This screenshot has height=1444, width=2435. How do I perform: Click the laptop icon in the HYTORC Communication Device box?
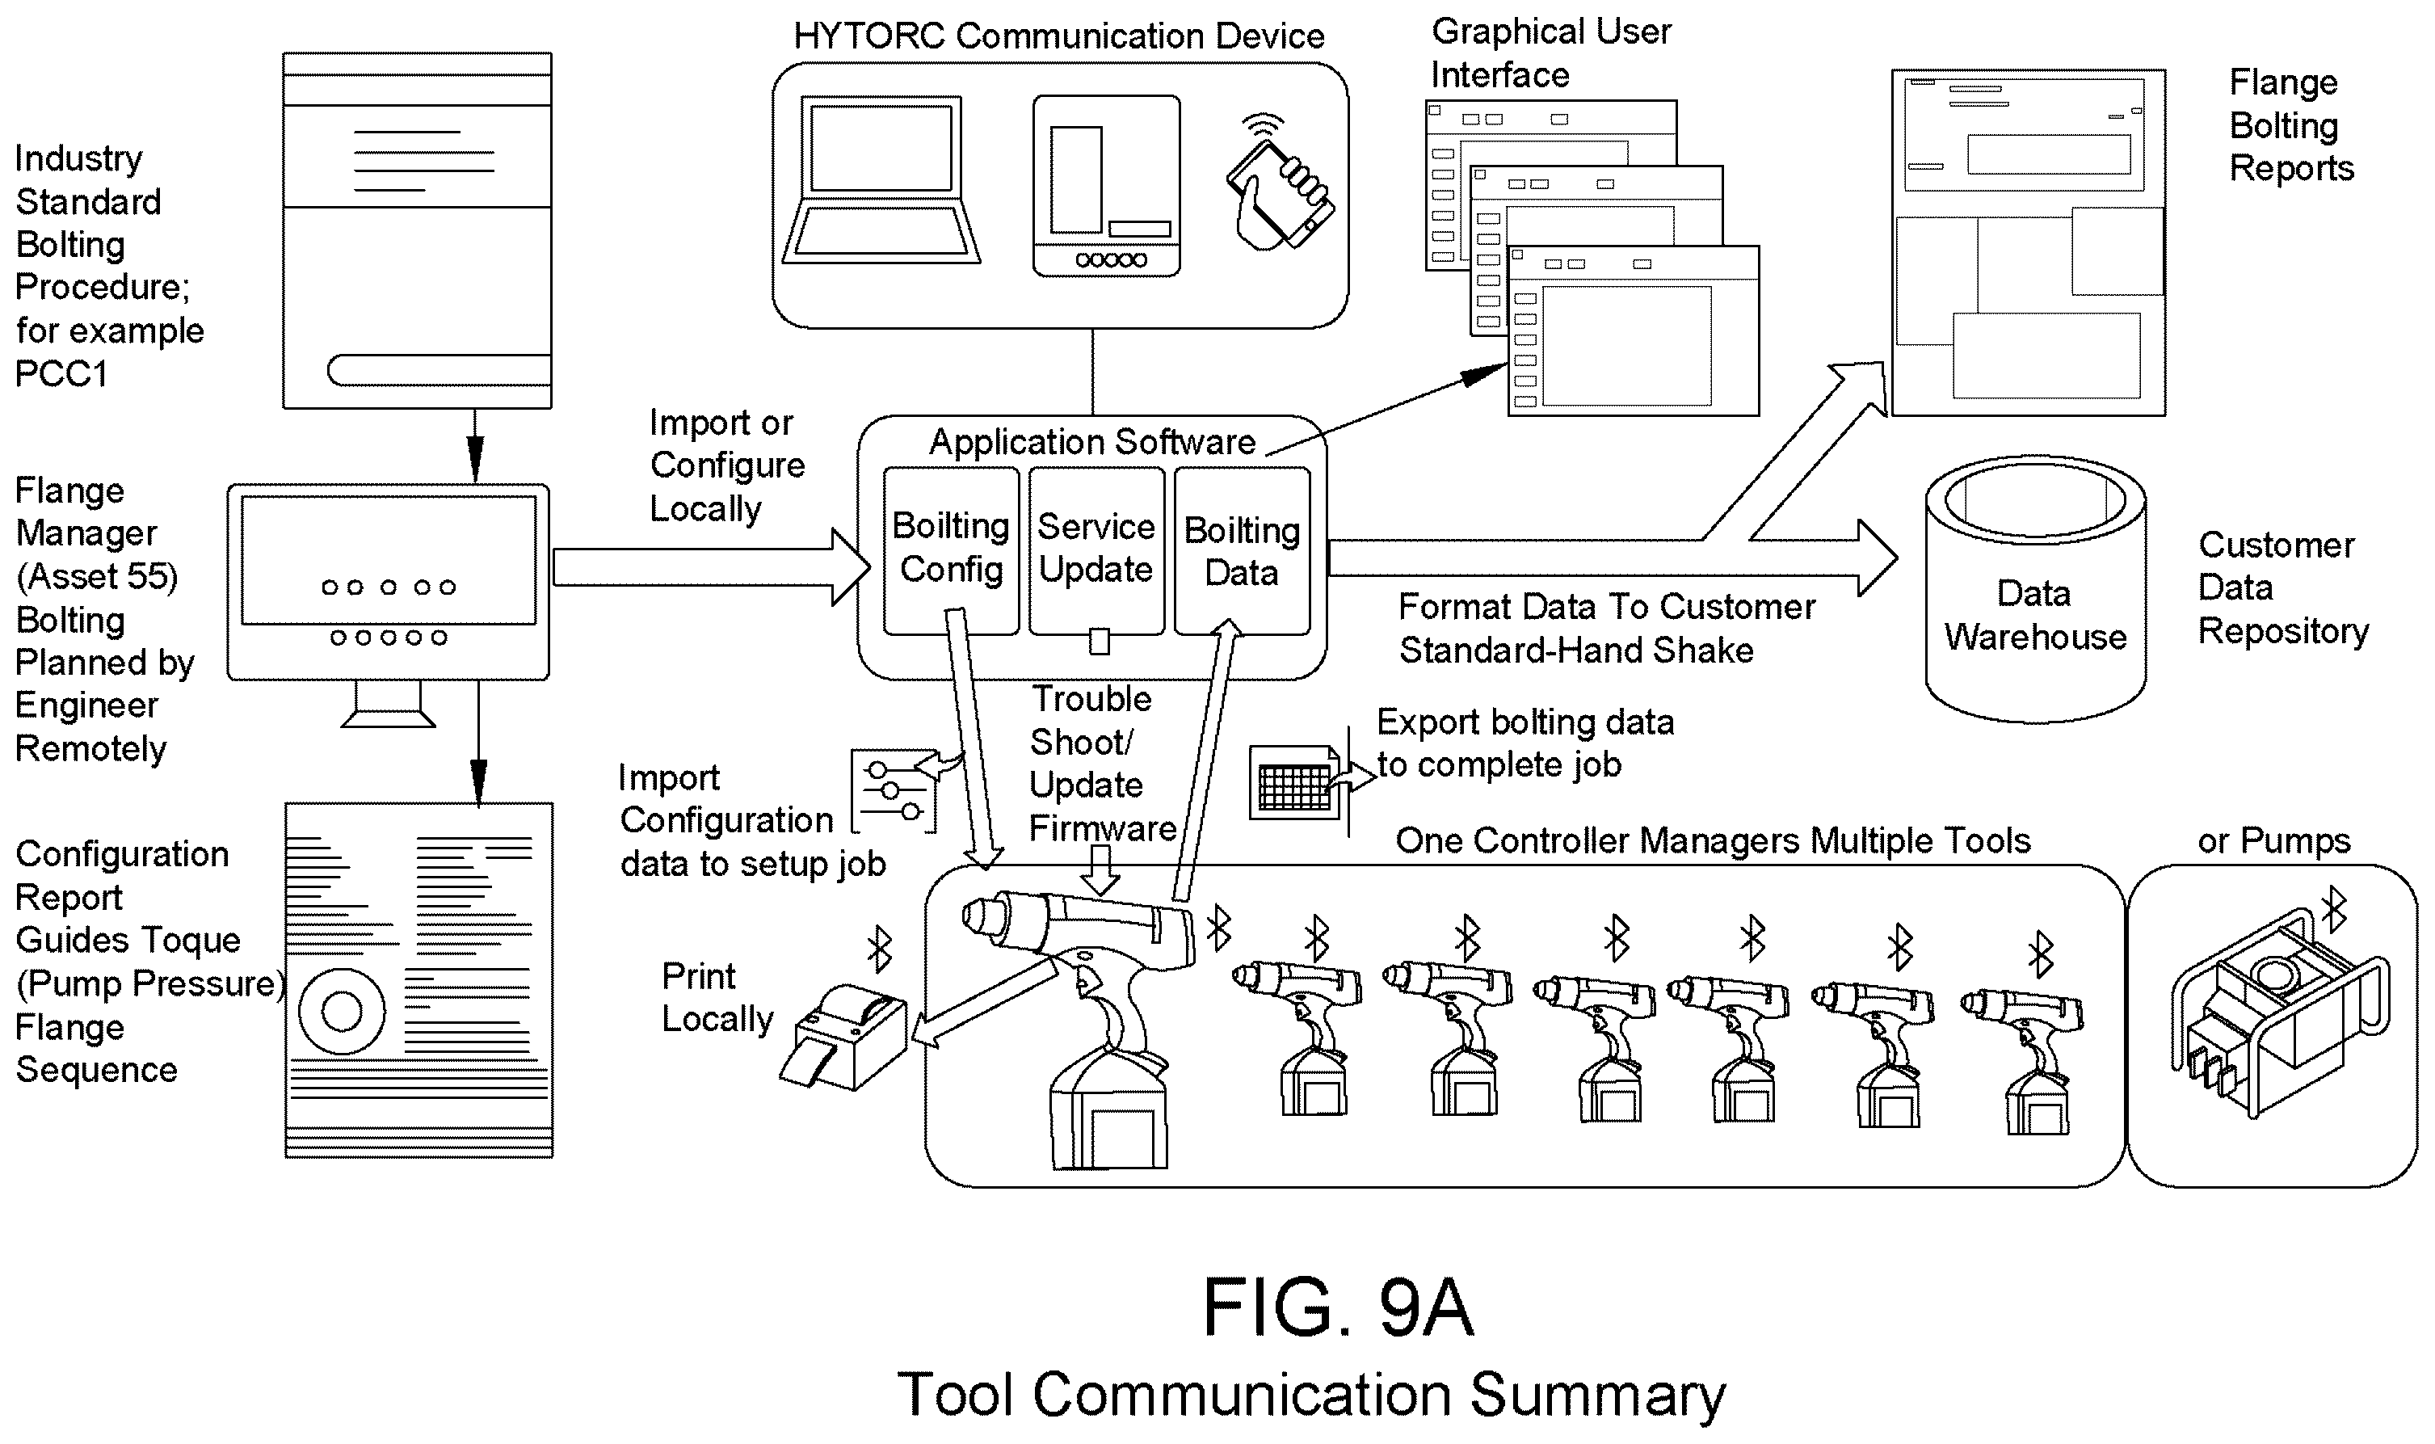pos(881,179)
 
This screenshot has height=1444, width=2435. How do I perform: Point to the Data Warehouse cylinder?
pos(2035,589)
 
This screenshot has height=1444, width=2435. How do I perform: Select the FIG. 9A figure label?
pos(1338,1307)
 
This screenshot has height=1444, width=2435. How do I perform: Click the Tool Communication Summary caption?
pos(1311,1395)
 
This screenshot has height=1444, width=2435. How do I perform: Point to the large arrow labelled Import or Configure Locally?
pos(711,567)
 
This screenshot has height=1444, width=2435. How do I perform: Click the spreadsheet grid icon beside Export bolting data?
pos(1295,781)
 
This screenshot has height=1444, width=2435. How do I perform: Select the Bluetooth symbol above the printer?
pos(880,949)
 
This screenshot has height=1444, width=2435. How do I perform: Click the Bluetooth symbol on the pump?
pos(2334,911)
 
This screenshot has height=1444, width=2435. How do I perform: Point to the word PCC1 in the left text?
pos(61,373)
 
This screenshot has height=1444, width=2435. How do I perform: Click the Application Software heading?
pos(1092,442)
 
